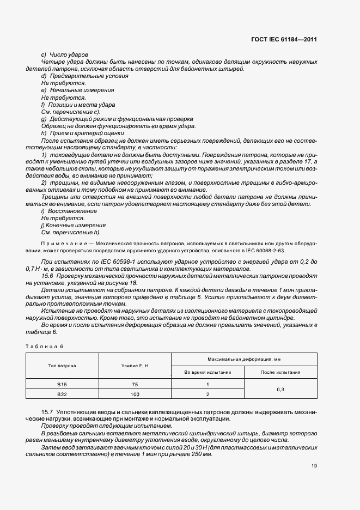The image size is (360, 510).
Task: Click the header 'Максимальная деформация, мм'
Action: pyautogui.click(x=243, y=359)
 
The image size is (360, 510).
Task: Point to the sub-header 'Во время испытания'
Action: pyautogui.click(x=208, y=372)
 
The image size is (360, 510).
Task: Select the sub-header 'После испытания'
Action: pyautogui.click(x=280, y=372)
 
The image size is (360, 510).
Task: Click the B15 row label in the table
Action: pyautogui.click(x=62, y=384)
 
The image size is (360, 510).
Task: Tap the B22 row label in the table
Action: pyautogui.click(x=62, y=394)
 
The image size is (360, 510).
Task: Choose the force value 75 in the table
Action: pyautogui.click(x=135, y=384)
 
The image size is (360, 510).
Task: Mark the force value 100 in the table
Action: pyautogui.click(x=135, y=394)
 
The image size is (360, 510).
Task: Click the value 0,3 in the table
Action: pyautogui.click(x=280, y=389)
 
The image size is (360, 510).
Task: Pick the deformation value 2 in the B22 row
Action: pyautogui.click(x=208, y=394)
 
